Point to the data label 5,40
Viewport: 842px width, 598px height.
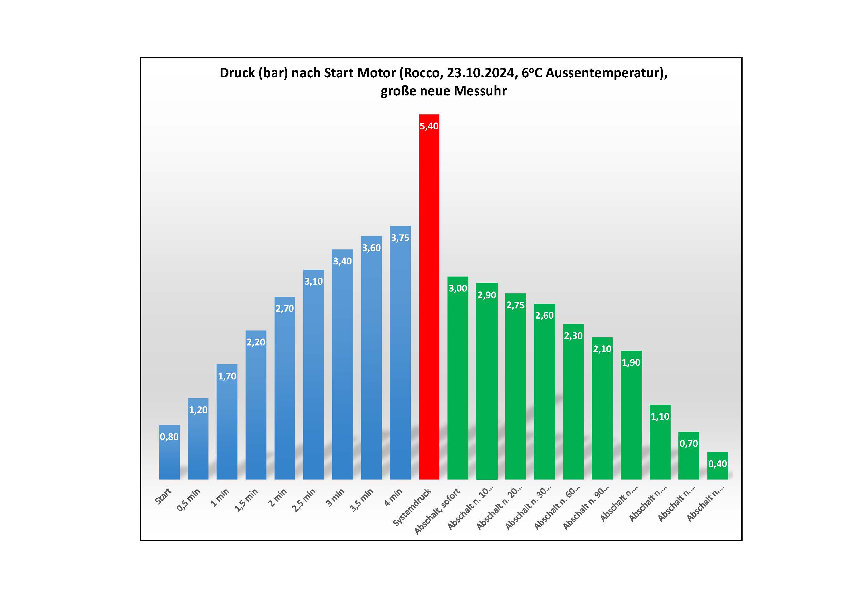click(x=429, y=126)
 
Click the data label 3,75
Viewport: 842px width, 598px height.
click(x=400, y=238)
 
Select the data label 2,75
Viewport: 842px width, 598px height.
click(x=515, y=305)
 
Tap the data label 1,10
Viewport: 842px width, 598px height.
click(x=660, y=417)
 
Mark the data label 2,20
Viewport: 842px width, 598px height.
click(x=256, y=342)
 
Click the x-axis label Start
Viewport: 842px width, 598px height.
click(x=163, y=496)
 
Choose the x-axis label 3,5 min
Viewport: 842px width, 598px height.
click(x=361, y=500)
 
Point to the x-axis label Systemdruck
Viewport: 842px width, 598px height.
click(x=412, y=507)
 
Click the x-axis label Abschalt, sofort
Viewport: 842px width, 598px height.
click(x=437, y=511)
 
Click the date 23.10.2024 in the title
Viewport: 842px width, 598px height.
click(x=480, y=73)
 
